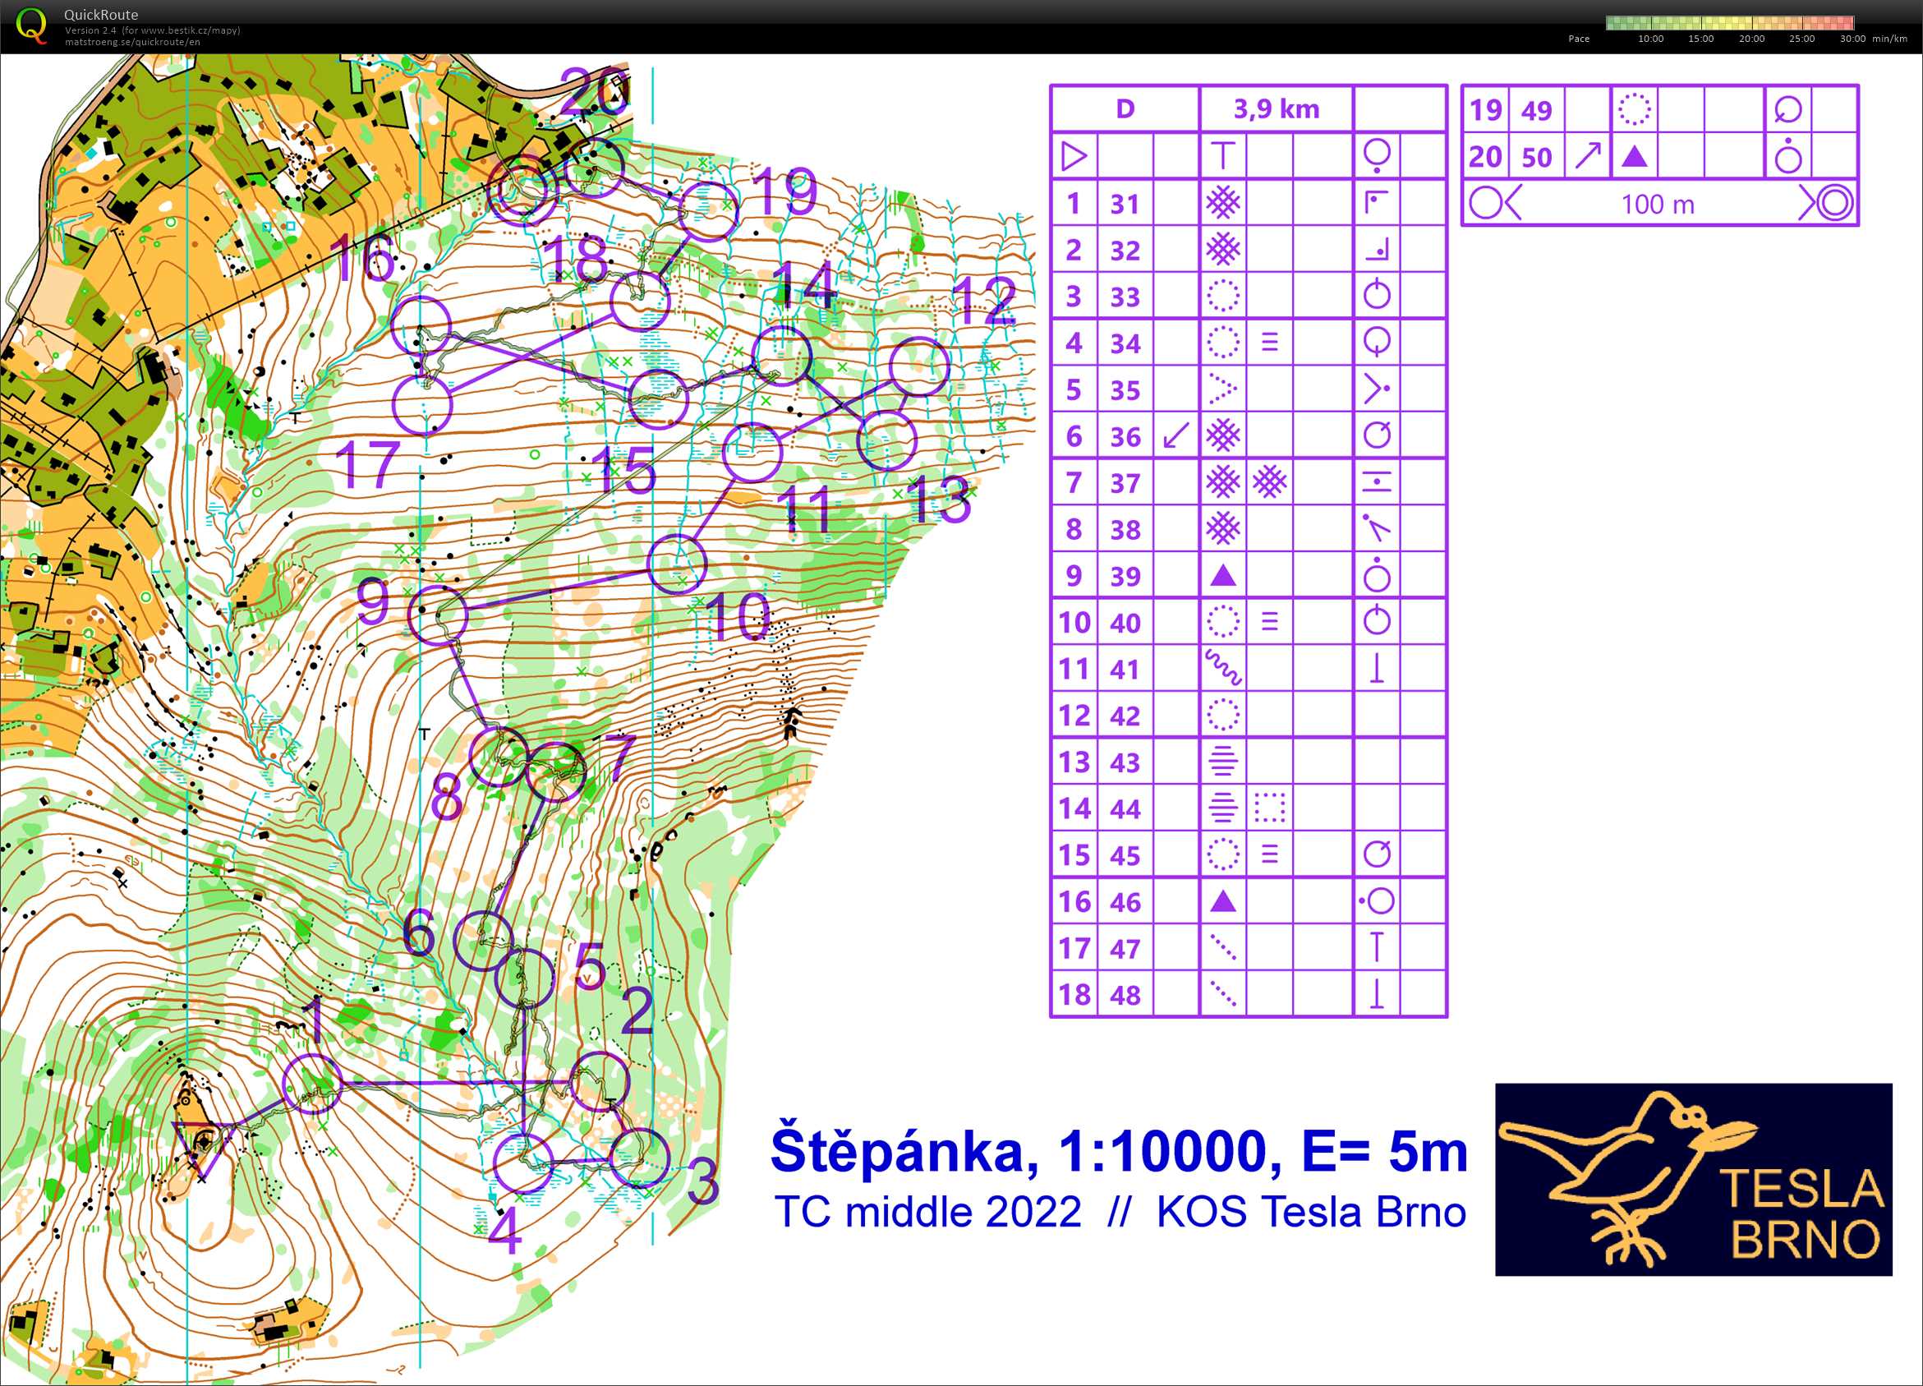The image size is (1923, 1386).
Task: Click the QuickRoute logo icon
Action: (x=31, y=25)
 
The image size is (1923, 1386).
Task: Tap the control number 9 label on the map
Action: (x=372, y=601)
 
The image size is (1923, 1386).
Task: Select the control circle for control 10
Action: (x=677, y=564)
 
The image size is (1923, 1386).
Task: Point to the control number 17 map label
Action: (x=367, y=464)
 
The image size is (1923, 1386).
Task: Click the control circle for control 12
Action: (x=919, y=366)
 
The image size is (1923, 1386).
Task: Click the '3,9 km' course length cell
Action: (x=1276, y=109)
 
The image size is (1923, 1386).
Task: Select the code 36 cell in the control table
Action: (x=1125, y=437)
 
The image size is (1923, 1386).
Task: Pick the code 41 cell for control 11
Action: (x=1125, y=670)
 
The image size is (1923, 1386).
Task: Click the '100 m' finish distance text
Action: (x=1658, y=205)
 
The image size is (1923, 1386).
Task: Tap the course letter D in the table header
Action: (x=1125, y=109)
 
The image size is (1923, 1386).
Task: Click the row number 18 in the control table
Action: (x=1074, y=995)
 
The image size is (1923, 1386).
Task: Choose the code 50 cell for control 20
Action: (x=1536, y=158)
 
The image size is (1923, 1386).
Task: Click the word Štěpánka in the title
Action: (x=904, y=1152)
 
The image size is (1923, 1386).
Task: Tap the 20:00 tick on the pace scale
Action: (x=1751, y=39)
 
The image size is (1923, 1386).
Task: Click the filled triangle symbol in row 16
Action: (x=1222, y=901)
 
